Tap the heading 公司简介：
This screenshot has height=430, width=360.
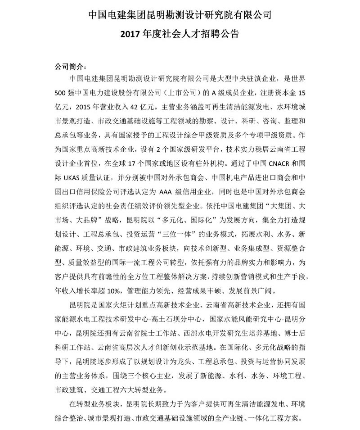click(69, 66)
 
